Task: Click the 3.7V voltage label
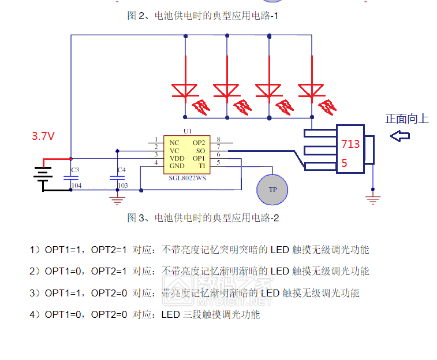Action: click(x=43, y=136)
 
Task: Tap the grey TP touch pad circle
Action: click(x=272, y=190)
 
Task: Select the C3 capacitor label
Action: click(x=74, y=170)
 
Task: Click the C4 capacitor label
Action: click(x=121, y=170)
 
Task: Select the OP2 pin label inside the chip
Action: click(x=199, y=142)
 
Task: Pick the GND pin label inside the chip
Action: click(x=177, y=166)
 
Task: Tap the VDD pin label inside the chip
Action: click(x=177, y=158)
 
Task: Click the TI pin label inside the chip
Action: click(x=201, y=166)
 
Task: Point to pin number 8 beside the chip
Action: click(x=218, y=139)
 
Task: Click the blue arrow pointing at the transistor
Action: click(x=399, y=136)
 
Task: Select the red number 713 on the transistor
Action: click(x=350, y=144)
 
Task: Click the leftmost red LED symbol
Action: click(x=185, y=90)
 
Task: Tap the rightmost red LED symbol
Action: click(x=311, y=90)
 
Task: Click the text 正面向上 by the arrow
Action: click(x=407, y=119)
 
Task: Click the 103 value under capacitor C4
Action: click(x=122, y=185)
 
